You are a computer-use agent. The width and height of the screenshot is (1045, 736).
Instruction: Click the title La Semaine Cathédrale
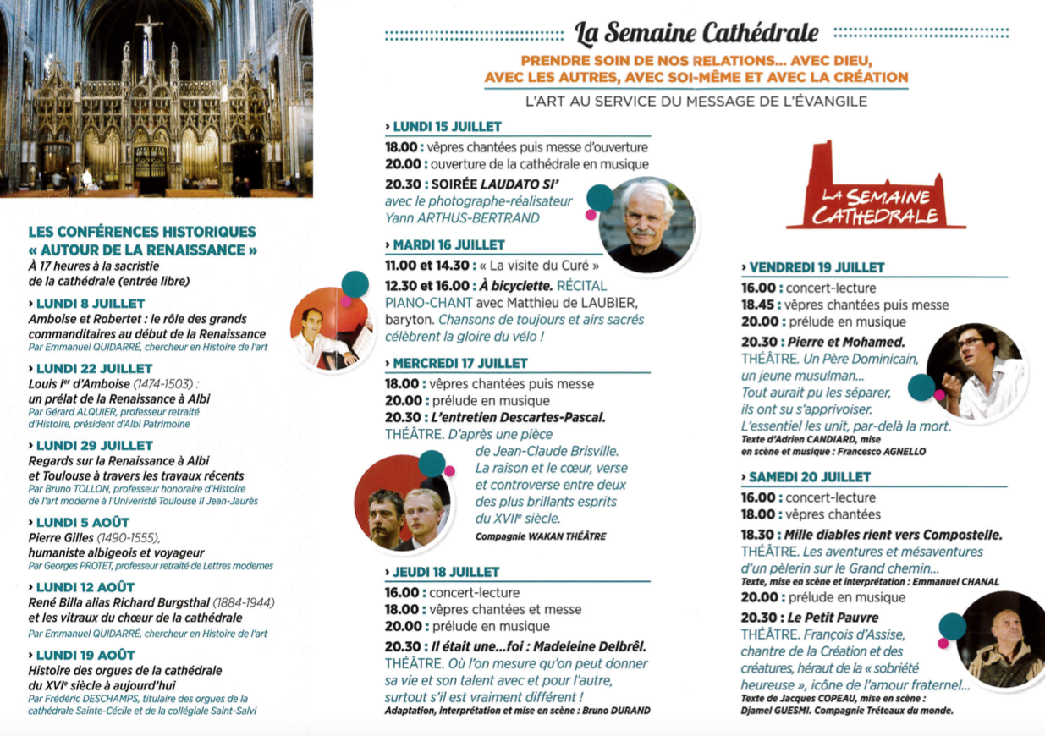(x=696, y=33)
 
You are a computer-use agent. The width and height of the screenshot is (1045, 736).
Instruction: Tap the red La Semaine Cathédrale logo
(x=876, y=190)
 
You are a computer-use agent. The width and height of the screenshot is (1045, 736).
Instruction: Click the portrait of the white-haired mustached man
(x=647, y=225)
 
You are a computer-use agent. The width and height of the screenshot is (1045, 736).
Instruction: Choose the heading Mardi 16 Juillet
(x=448, y=244)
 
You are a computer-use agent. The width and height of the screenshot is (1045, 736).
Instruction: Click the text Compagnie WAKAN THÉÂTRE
(x=541, y=536)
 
